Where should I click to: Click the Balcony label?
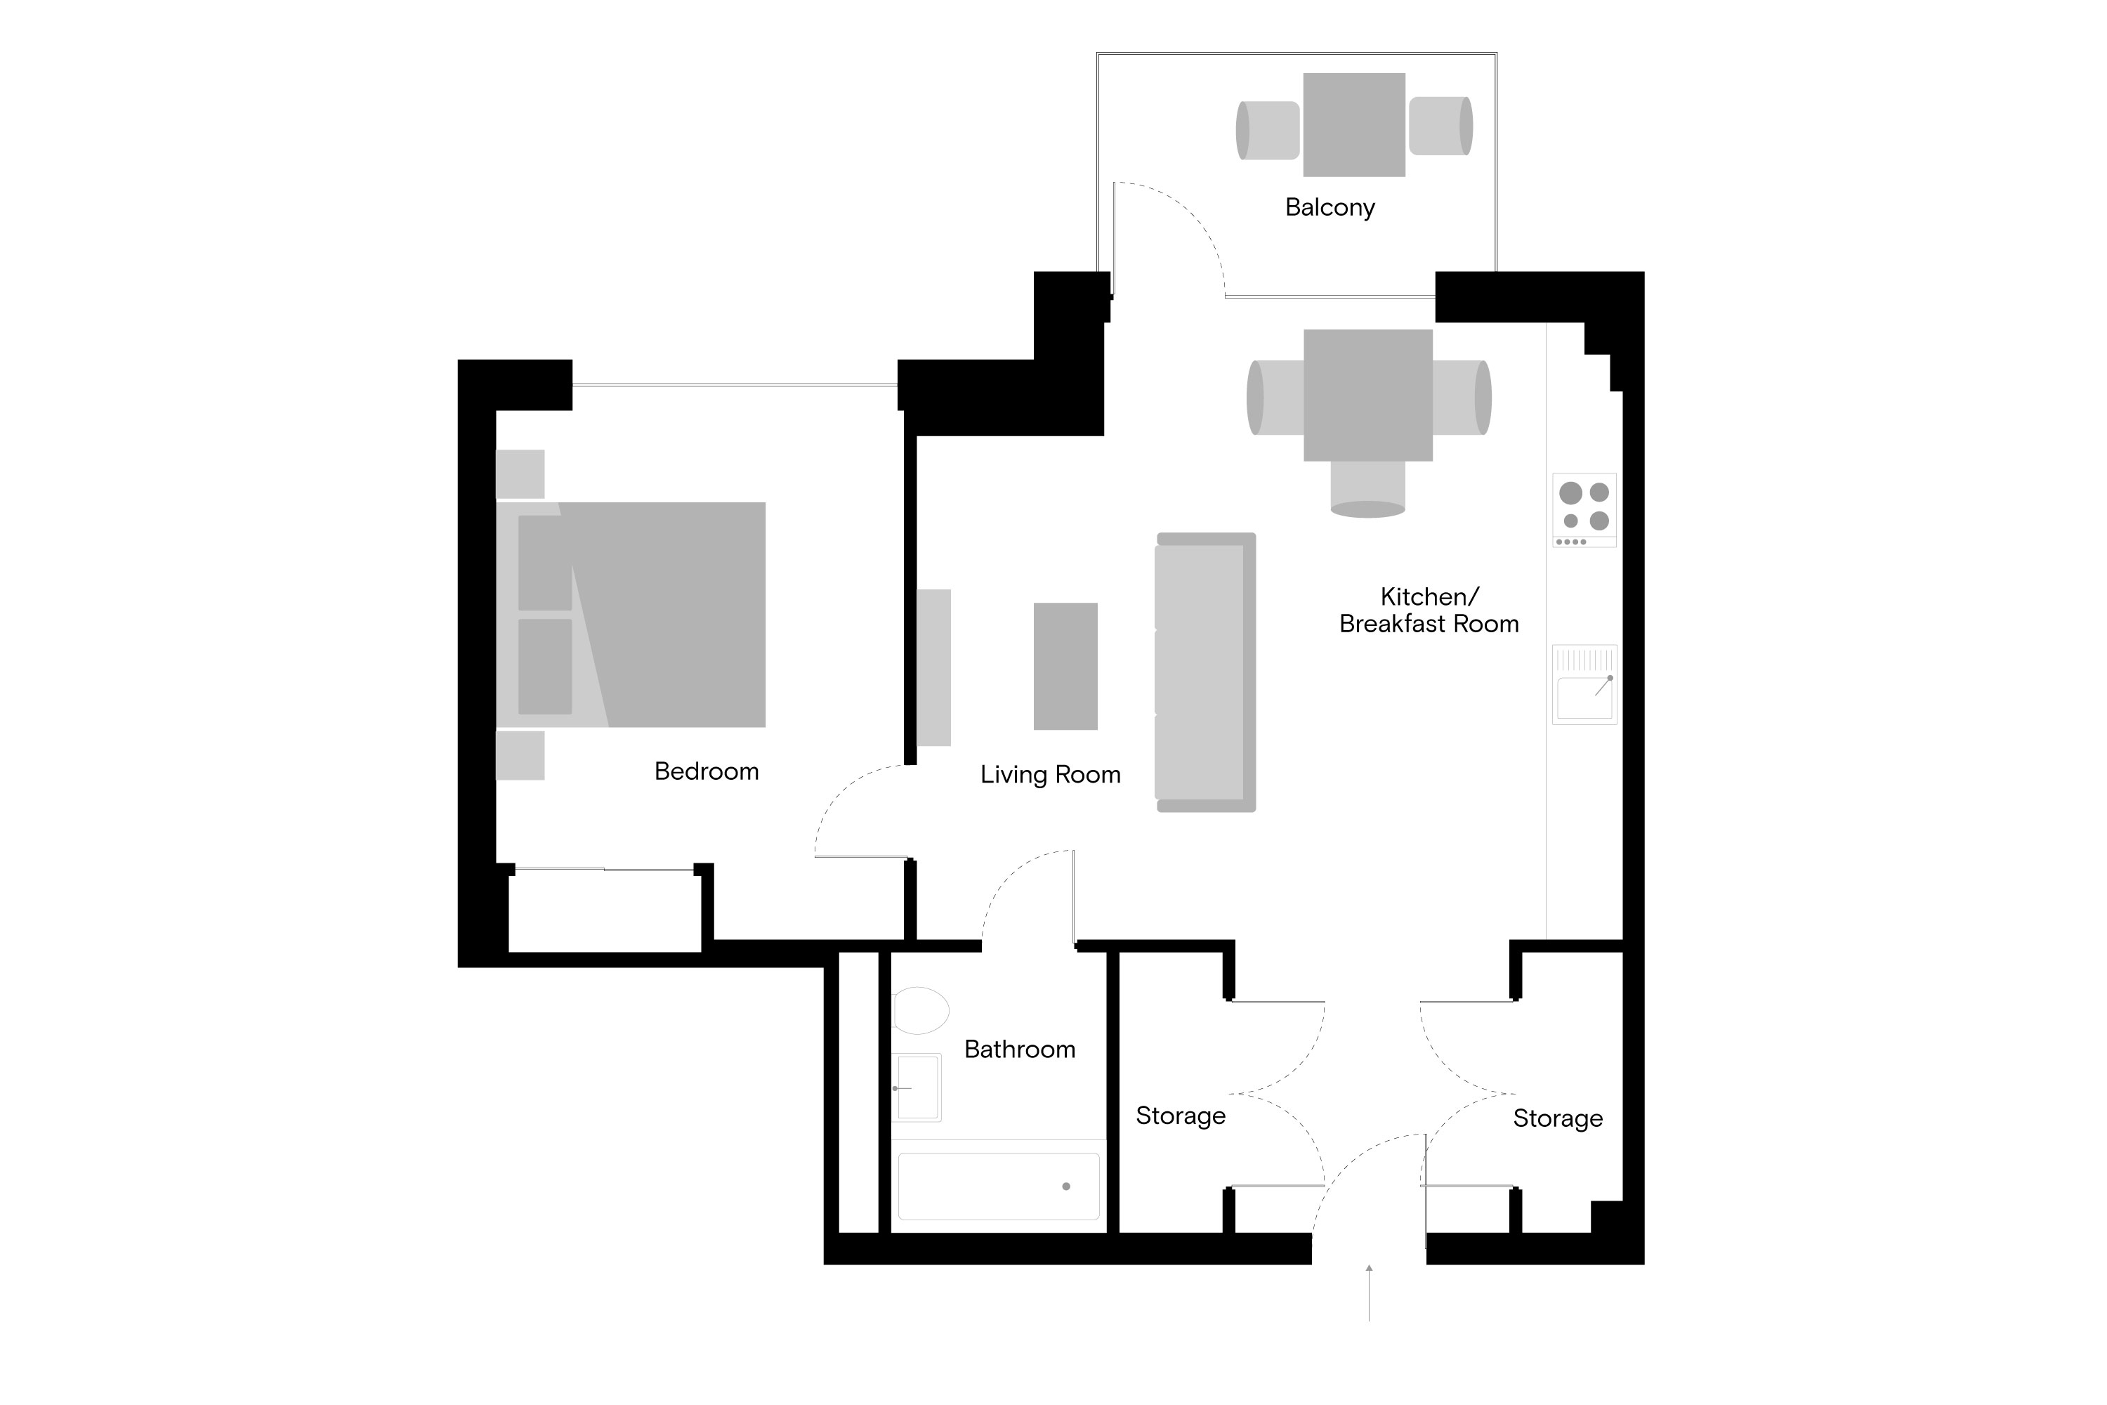pyautogui.click(x=1330, y=207)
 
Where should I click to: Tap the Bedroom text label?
pyautogui.click(x=706, y=771)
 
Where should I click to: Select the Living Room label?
pyautogui.click(x=1050, y=774)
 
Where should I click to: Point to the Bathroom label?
pyautogui.click(x=1020, y=1050)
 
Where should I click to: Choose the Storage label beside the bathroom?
pyautogui.click(x=1180, y=1116)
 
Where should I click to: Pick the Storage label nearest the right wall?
pyautogui.click(x=1557, y=1118)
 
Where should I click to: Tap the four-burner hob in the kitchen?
pyautogui.click(x=1584, y=509)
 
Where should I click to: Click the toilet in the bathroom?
pyautogui.click(x=920, y=1011)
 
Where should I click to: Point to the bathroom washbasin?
pyautogui.click(x=917, y=1087)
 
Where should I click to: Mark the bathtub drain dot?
pyautogui.click(x=1066, y=1187)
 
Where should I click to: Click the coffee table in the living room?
pyautogui.click(x=1065, y=666)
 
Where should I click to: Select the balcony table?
pyautogui.click(x=1353, y=124)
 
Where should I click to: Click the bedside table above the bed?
pyautogui.click(x=520, y=473)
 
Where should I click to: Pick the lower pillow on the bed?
pyautogui.click(x=545, y=666)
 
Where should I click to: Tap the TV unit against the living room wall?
pyautogui.click(x=933, y=667)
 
